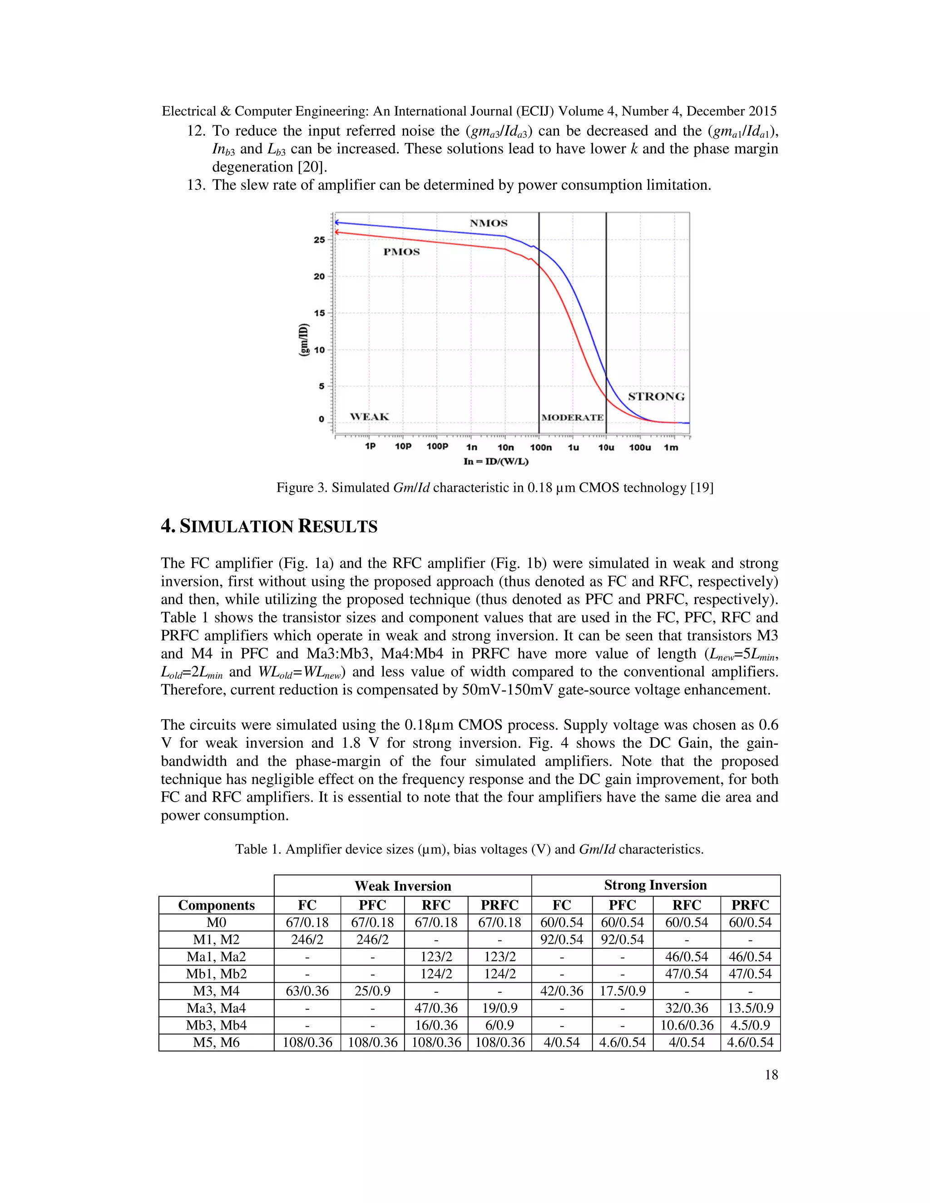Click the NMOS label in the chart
488,223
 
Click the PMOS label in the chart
401,252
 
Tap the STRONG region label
656,397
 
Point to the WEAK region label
369,417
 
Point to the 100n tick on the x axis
540,447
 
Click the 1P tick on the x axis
370,446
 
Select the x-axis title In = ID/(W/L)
496,462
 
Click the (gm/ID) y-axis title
303,340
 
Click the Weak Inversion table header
403,886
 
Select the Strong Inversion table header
655,885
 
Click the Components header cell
216,905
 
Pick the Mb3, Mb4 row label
216,1025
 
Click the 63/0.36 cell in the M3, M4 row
307,991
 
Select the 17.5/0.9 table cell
622,991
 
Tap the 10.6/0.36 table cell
687,1025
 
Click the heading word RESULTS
338,527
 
